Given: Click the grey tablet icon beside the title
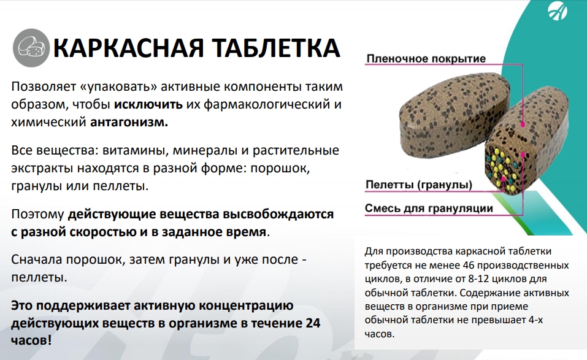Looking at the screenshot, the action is coord(31,48).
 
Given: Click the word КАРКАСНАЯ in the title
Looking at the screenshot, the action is coord(129,48).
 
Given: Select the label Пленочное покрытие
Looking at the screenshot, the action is coord(426,59).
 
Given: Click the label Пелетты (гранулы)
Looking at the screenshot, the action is coord(418,185).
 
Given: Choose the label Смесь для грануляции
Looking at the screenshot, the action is coord(429,208).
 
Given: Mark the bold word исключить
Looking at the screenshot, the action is coord(148,104).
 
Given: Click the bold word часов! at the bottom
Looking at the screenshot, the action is coord(31,340).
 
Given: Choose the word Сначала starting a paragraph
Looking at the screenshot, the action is coord(37,259).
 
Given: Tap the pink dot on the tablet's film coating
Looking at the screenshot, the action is coord(523,124).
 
